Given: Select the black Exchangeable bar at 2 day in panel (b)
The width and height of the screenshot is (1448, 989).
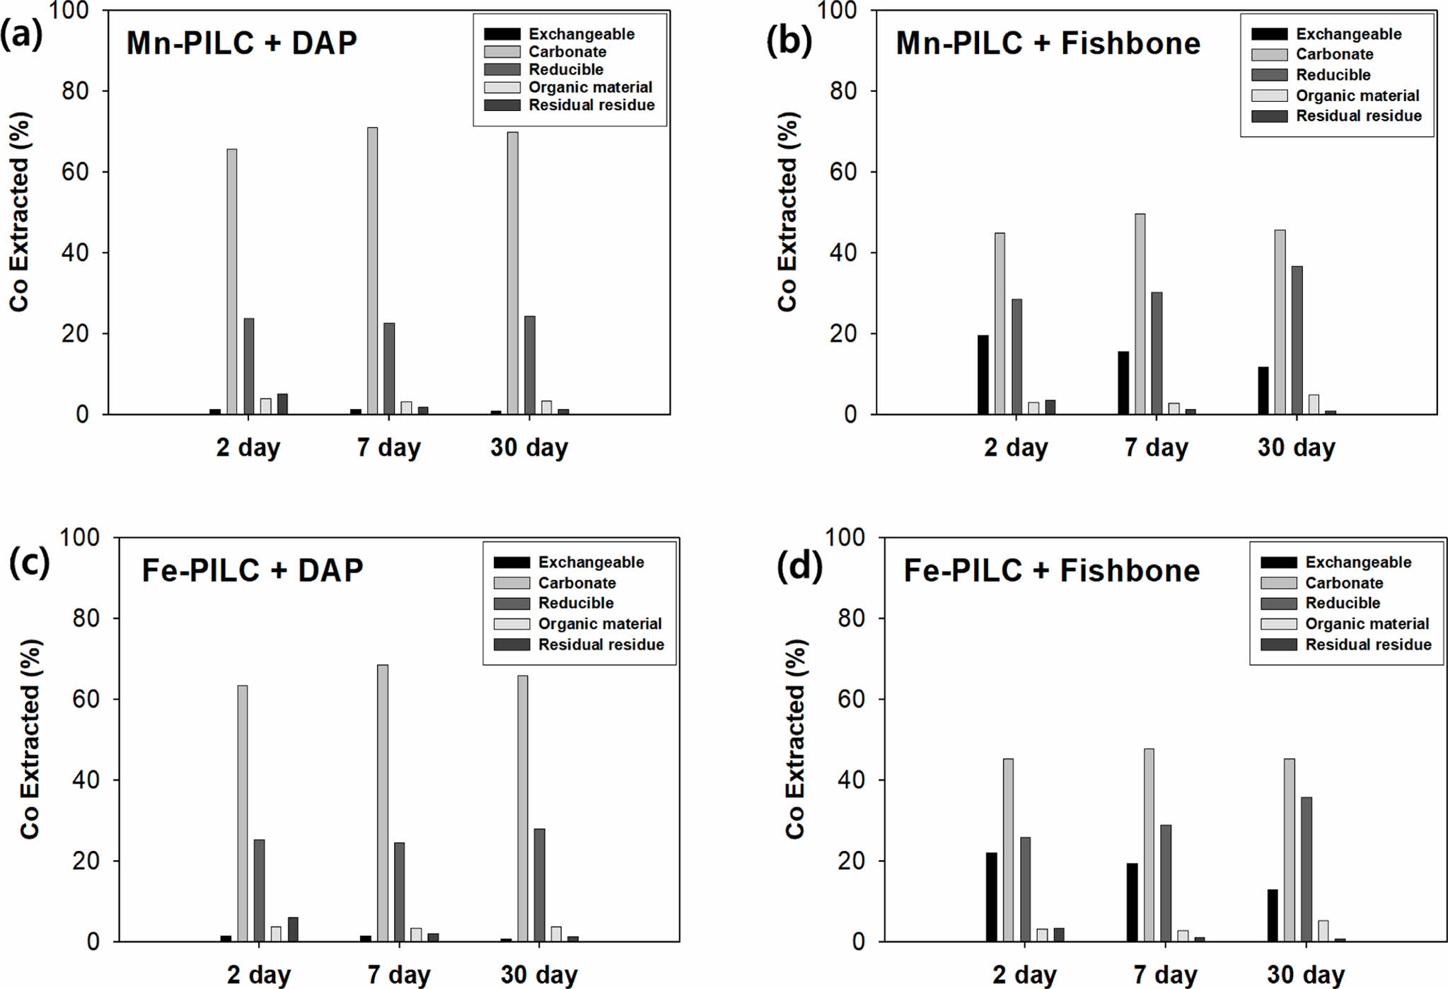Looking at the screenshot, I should point(983,375).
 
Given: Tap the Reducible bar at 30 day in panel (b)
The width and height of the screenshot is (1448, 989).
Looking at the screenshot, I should point(1297,340).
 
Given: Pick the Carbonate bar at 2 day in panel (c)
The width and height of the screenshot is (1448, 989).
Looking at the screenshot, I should point(243,814).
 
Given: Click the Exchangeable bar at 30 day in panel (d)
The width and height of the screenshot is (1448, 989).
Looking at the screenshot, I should point(1273,915).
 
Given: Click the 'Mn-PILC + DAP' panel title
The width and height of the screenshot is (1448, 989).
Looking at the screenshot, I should point(241,44).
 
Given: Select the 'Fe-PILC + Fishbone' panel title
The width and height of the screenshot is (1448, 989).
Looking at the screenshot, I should point(1051,571).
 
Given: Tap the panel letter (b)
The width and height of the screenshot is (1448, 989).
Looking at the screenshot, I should point(789,40).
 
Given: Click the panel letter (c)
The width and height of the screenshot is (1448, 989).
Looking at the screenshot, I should point(29,563).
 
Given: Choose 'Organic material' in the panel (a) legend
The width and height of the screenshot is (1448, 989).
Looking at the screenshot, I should point(590,88).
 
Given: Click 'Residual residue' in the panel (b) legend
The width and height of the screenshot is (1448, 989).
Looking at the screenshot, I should point(1358,116).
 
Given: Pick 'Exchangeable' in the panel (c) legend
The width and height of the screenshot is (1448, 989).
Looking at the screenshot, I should point(591,562).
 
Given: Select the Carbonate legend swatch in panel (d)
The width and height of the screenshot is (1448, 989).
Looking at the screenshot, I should point(1278,583).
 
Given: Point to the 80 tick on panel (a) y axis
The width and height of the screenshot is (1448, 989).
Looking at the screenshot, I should point(75,91).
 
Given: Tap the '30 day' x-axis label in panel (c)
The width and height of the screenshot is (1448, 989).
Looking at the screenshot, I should point(539,975).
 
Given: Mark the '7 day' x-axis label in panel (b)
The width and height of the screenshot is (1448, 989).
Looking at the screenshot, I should point(1156,448).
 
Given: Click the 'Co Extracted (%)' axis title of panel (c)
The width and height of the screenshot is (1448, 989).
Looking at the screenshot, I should point(30,739).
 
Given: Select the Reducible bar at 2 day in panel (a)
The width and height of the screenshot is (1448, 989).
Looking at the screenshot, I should point(249,366).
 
